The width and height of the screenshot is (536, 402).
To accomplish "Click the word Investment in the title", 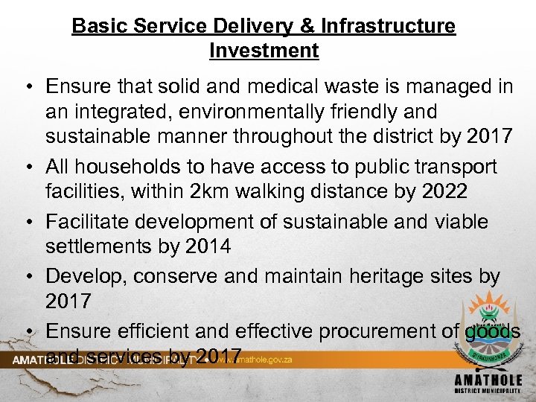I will coord(264,51).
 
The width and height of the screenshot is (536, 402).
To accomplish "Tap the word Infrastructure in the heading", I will coord(388,27).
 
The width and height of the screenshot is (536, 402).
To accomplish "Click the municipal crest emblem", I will coord(488,331).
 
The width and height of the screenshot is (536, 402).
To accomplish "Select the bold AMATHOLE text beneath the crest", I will coord(488,380).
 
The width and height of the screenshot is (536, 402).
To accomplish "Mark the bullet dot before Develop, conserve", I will coord(26,277).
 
